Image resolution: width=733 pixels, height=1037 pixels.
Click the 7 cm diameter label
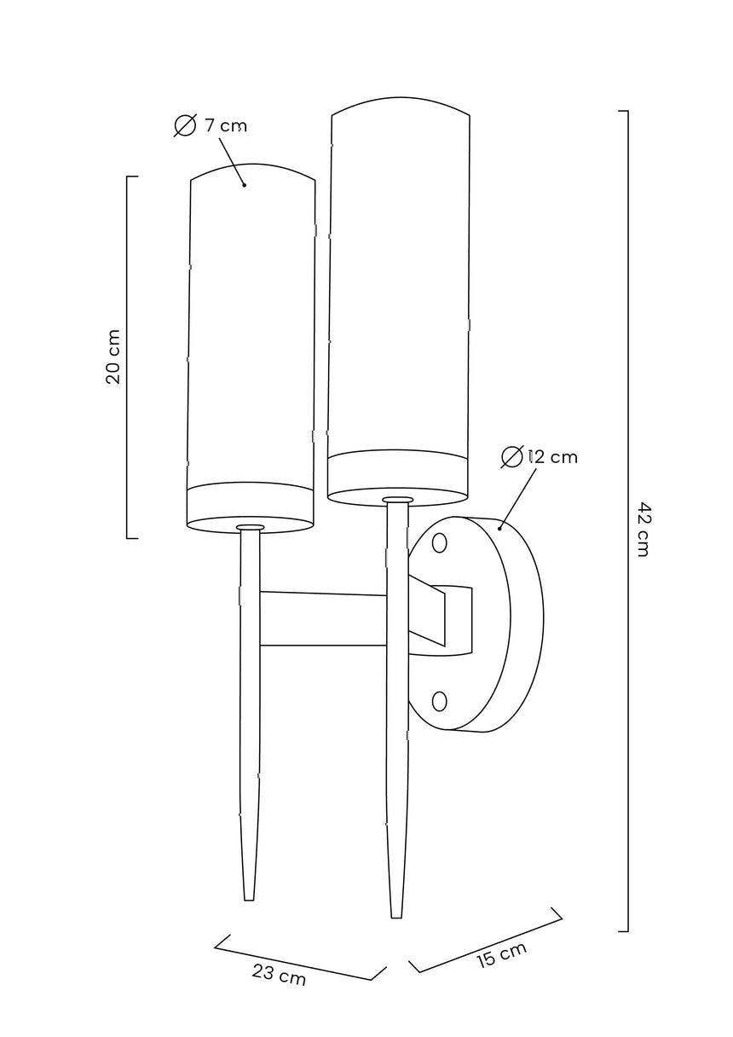pyautogui.click(x=225, y=125)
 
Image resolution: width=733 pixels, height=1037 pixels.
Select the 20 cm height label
pyautogui.click(x=113, y=356)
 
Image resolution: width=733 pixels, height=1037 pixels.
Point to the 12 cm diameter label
pyautogui.click(x=552, y=457)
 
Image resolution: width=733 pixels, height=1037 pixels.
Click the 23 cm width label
pyautogui.click(x=279, y=975)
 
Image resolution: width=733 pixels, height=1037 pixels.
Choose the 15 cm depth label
pyautogui.click(x=501, y=954)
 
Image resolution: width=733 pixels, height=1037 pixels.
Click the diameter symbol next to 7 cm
pyautogui.click(x=185, y=125)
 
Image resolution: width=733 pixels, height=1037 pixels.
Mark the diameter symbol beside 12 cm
pyautogui.click(x=511, y=457)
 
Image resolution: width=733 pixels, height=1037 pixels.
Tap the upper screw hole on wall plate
pyautogui.click(x=440, y=542)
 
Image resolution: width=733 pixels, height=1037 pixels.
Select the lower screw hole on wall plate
pyautogui.click(x=440, y=701)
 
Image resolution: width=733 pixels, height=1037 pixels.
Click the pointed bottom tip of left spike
pyautogui.click(x=249, y=896)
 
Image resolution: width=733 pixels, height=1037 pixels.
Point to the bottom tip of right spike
pyautogui.click(x=395, y=914)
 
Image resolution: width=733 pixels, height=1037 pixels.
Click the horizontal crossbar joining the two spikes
pyautogui.click(x=324, y=619)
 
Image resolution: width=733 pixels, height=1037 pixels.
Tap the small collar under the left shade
pyautogui.click(x=251, y=528)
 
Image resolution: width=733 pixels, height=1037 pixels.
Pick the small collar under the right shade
pyautogui.click(x=397, y=500)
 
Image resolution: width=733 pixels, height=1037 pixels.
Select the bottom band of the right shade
pyautogui.click(x=397, y=474)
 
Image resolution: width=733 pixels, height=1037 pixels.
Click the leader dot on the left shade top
pyautogui.click(x=244, y=184)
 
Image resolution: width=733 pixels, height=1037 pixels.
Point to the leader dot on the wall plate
pyautogui.click(x=499, y=529)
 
